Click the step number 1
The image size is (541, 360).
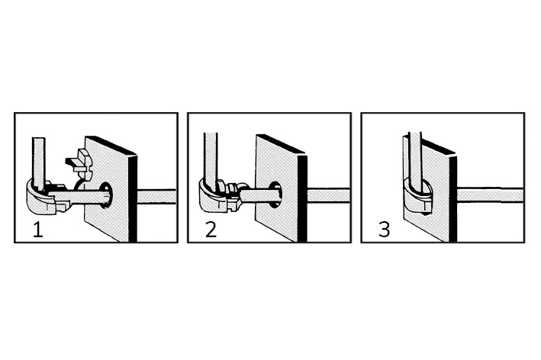(38, 230)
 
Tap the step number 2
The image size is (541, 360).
(211, 230)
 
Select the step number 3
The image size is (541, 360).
(384, 230)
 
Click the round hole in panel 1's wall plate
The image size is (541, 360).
(106, 196)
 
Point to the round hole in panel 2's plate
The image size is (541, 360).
(275, 194)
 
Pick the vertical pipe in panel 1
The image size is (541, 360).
(39, 162)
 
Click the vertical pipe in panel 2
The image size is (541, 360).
(211, 159)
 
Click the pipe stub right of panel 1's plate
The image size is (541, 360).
(156, 196)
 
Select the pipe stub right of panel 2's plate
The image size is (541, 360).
(328, 195)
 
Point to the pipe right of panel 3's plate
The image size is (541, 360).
(491, 195)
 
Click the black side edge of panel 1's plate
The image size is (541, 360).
(133, 198)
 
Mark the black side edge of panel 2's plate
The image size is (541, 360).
(303, 198)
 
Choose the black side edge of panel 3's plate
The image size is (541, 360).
(452, 199)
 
